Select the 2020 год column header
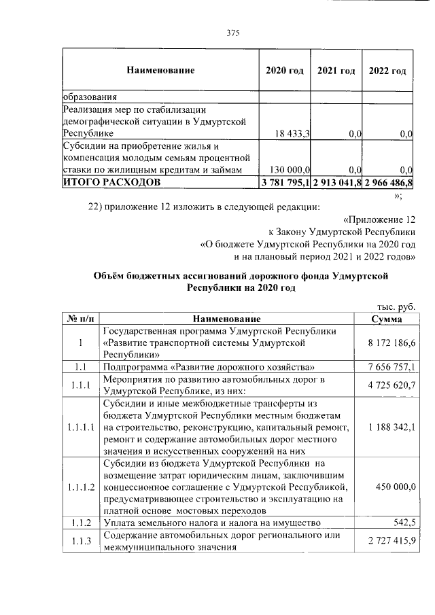click(284, 71)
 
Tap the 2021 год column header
click(336, 71)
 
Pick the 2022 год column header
click(389, 71)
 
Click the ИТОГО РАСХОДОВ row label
click(112, 182)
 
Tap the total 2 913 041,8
click(337, 182)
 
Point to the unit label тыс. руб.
click(396, 306)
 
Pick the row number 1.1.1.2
click(80, 487)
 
